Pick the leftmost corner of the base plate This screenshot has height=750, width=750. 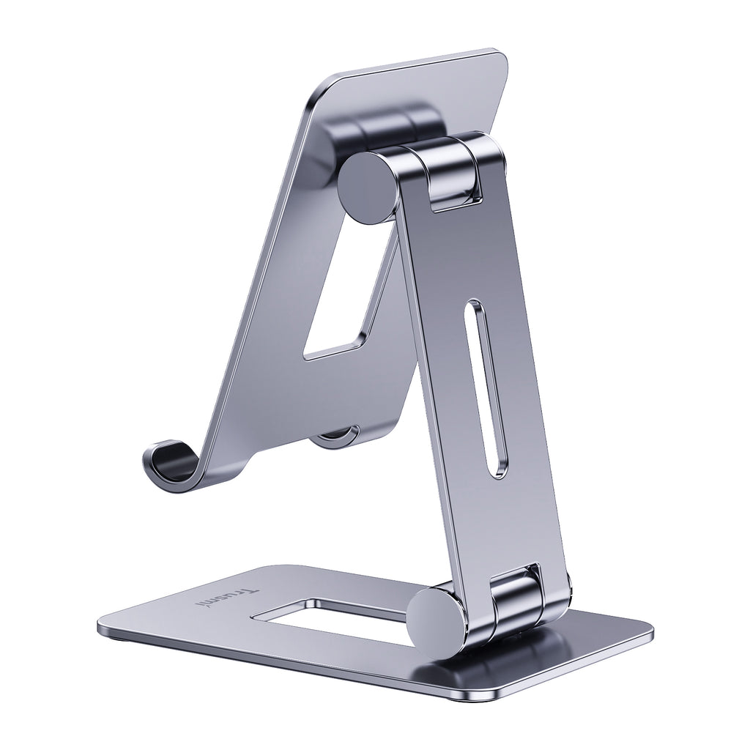click(x=101, y=627)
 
